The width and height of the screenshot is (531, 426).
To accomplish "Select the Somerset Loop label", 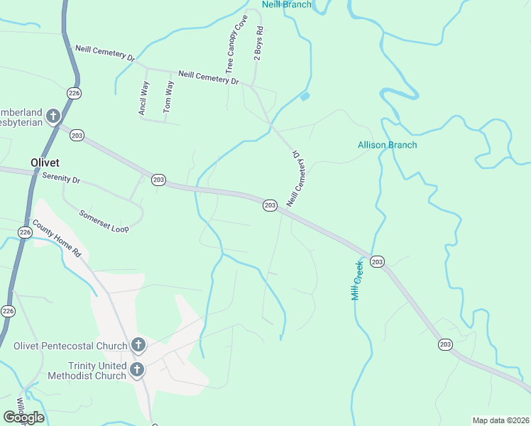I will coord(104,221).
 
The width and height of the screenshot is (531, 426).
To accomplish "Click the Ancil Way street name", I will coord(143,98).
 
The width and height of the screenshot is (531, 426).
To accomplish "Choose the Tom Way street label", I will coord(168,97).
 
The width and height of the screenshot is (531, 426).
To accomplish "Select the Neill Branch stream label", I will coord(286,4).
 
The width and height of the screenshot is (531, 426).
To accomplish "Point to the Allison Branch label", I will coord(387,145).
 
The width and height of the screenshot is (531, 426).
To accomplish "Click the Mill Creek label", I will coord(358,279).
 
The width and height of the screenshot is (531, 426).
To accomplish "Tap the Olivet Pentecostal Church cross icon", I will coord(138,346).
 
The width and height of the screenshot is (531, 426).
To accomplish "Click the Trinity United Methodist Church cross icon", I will coord(137,370).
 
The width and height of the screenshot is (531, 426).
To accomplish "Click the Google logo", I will coord(23,417).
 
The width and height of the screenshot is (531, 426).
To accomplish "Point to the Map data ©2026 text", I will coord(500,420).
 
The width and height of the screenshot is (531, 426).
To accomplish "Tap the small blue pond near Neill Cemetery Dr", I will coord(305,97).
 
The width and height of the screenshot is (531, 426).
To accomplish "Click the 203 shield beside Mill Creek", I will coord(378,262).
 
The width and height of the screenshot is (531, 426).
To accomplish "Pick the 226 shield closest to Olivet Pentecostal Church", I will coord(8,311).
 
